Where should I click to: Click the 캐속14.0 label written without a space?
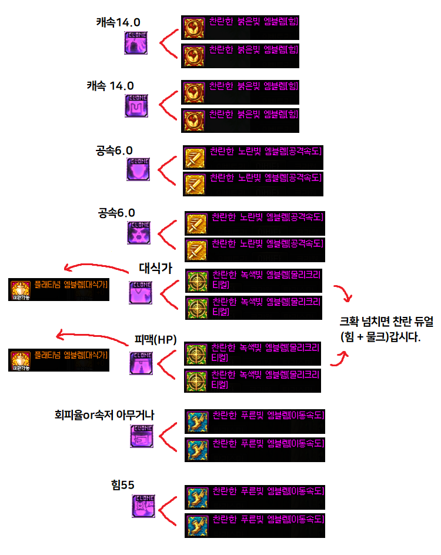pyautogui.click(x=118, y=22)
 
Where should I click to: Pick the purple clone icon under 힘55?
pyautogui.click(x=143, y=506)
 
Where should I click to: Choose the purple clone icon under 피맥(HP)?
pyautogui.click(x=141, y=363)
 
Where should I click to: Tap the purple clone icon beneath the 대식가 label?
pyautogui.click(x=141, y=292)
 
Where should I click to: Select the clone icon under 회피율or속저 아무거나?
pyautogui.click(x=142, y=436)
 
